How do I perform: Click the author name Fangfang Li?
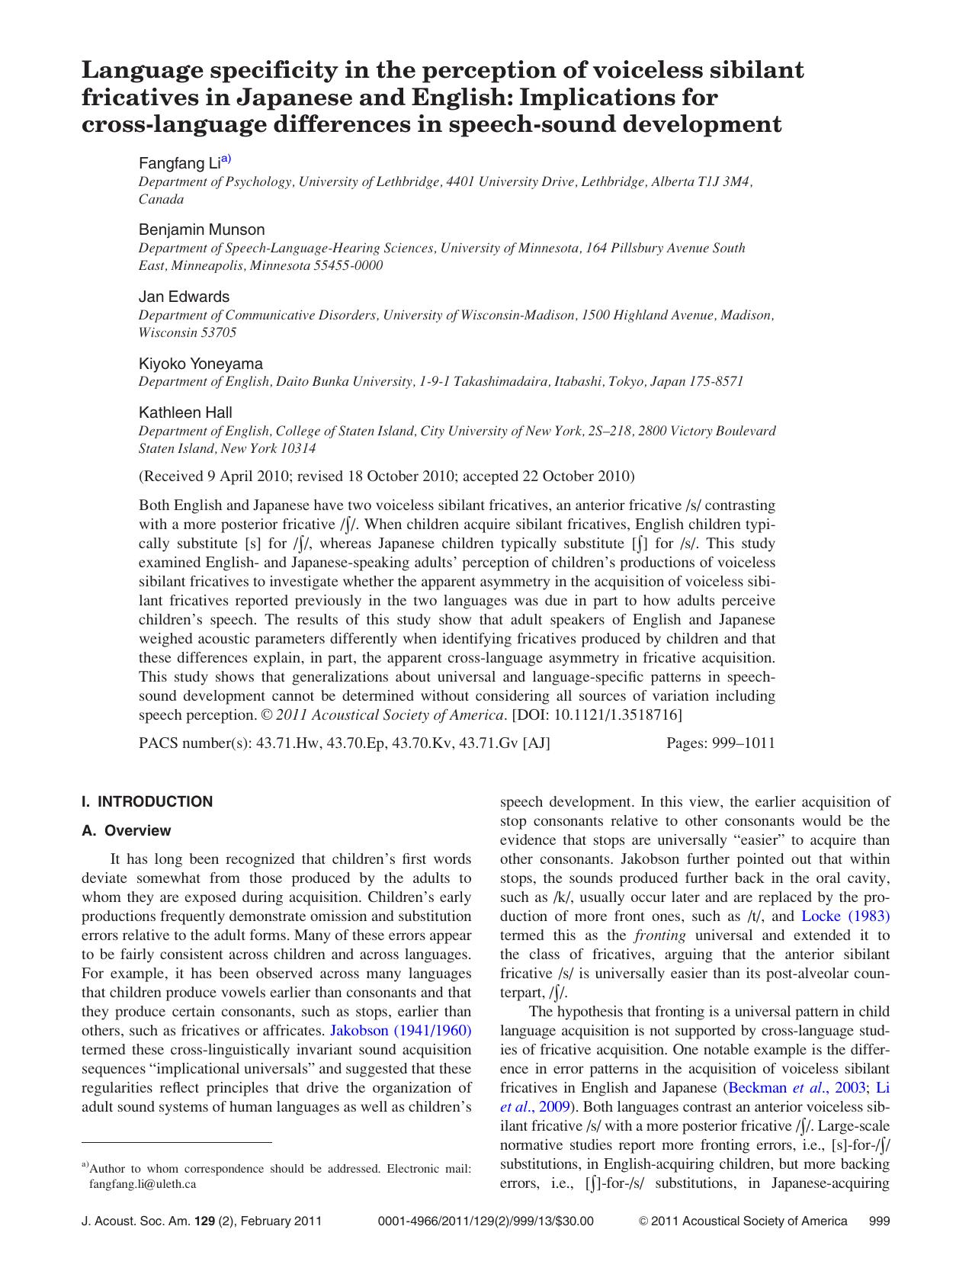(179, 163)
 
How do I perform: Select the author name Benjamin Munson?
(201, 229)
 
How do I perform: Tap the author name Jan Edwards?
(184, 297)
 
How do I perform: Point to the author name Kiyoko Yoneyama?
(200, 364)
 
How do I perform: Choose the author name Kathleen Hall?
(185, 412)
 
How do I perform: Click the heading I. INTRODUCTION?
(147, 801)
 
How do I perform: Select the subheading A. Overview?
(127, 830)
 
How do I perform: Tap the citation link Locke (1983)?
(845, 916)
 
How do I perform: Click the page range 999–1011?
(743, 743)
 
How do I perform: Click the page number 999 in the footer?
(879, 1221)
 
